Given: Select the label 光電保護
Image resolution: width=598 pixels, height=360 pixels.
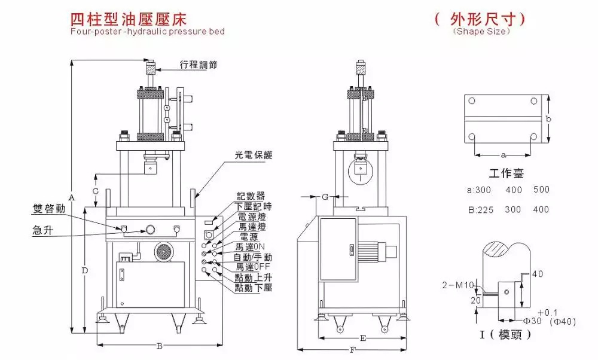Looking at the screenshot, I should pyautogui.click(x=253, y=155).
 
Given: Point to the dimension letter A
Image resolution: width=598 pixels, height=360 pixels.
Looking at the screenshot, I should pyautogui.click(x=71, y=197).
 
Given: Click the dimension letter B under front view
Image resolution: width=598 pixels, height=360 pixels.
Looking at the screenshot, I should pyautogui.click(x=159, y=346).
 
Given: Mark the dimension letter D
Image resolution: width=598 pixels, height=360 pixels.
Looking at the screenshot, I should pyautogui.click(x=85, y=270).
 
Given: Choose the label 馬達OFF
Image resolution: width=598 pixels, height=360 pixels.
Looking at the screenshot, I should pyautogui.click(x=254, y=267).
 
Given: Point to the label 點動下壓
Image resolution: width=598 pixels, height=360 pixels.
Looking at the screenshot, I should pyautogui.click(x=254, y=288).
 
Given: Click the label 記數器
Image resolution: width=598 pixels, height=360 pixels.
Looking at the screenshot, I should pyautogui.click(x=251, y=196).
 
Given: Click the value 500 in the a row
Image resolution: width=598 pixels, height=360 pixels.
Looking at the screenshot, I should pyautogui.click(x=541, y=190).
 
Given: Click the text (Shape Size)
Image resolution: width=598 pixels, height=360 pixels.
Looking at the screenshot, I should pyautogui.click(x=481, y=31).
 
